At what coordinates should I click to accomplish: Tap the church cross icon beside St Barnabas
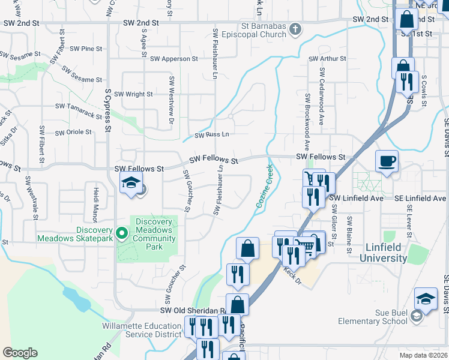point(295,28)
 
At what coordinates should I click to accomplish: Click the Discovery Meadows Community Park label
point(154,234)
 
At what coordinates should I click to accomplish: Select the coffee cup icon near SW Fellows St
point(387,161)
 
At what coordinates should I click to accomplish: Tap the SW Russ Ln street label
point(211,136)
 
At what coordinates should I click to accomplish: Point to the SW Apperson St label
point(173,59)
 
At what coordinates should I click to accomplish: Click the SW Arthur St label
point(327,59)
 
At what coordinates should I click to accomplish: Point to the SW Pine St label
point(86,49)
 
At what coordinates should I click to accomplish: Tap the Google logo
point(20,353)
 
